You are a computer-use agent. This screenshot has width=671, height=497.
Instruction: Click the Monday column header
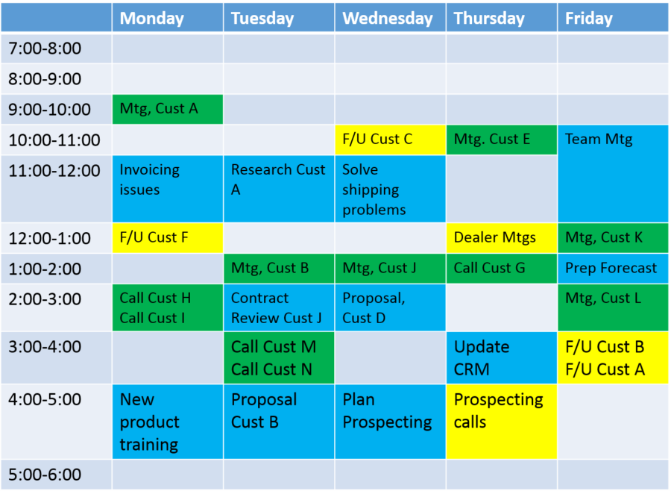tap(167, 18)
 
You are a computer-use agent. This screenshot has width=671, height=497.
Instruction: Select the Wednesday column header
tap(390, 18)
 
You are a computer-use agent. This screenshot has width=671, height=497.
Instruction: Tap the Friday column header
tap(613, 18)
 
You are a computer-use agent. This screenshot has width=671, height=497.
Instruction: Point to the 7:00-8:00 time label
tap(45, 49)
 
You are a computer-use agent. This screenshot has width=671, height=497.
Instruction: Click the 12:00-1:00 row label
tap(50, 238)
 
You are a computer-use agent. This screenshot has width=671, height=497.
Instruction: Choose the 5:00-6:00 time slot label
tap(45, 475)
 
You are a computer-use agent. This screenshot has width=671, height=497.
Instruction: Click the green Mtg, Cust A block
tap(167, 109)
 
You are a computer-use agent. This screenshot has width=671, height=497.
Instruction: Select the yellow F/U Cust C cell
tap(390, 140)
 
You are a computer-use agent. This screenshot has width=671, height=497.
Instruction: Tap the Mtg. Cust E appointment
tap(502, 140)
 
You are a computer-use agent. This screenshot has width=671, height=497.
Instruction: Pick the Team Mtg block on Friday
tap(613, 174)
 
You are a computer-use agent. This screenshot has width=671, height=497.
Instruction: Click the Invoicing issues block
tap(167, 189)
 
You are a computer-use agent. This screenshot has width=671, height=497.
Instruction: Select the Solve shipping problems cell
tap(390, 189)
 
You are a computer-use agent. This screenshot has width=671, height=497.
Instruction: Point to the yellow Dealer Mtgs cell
tap(502, 238)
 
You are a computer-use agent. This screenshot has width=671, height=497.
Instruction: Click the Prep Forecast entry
tap(613, 269)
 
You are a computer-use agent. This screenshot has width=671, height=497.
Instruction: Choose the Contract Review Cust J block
tap(279, 307)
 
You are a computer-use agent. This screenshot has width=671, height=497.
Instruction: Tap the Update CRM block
tap(502, 357)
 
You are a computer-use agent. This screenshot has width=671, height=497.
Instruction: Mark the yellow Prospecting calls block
tap(502, 422)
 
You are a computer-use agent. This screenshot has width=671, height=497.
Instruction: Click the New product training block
tap(167, 422)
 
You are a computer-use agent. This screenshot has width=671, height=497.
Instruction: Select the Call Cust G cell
tap(502, 269)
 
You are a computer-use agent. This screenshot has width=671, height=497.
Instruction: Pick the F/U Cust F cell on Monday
tap(167, 238)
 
